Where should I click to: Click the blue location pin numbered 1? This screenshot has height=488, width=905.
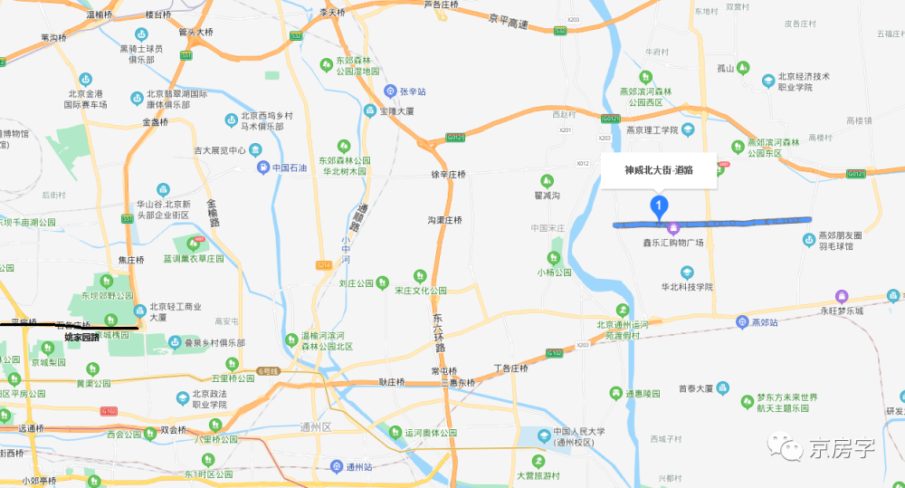660,206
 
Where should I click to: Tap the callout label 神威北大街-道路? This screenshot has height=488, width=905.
659,169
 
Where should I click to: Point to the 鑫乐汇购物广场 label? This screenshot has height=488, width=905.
673,243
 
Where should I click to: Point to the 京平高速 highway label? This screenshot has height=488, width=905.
509,22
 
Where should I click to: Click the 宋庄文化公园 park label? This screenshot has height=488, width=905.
420,291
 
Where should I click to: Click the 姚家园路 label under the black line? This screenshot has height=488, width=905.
81,337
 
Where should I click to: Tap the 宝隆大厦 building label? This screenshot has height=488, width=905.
396,111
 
